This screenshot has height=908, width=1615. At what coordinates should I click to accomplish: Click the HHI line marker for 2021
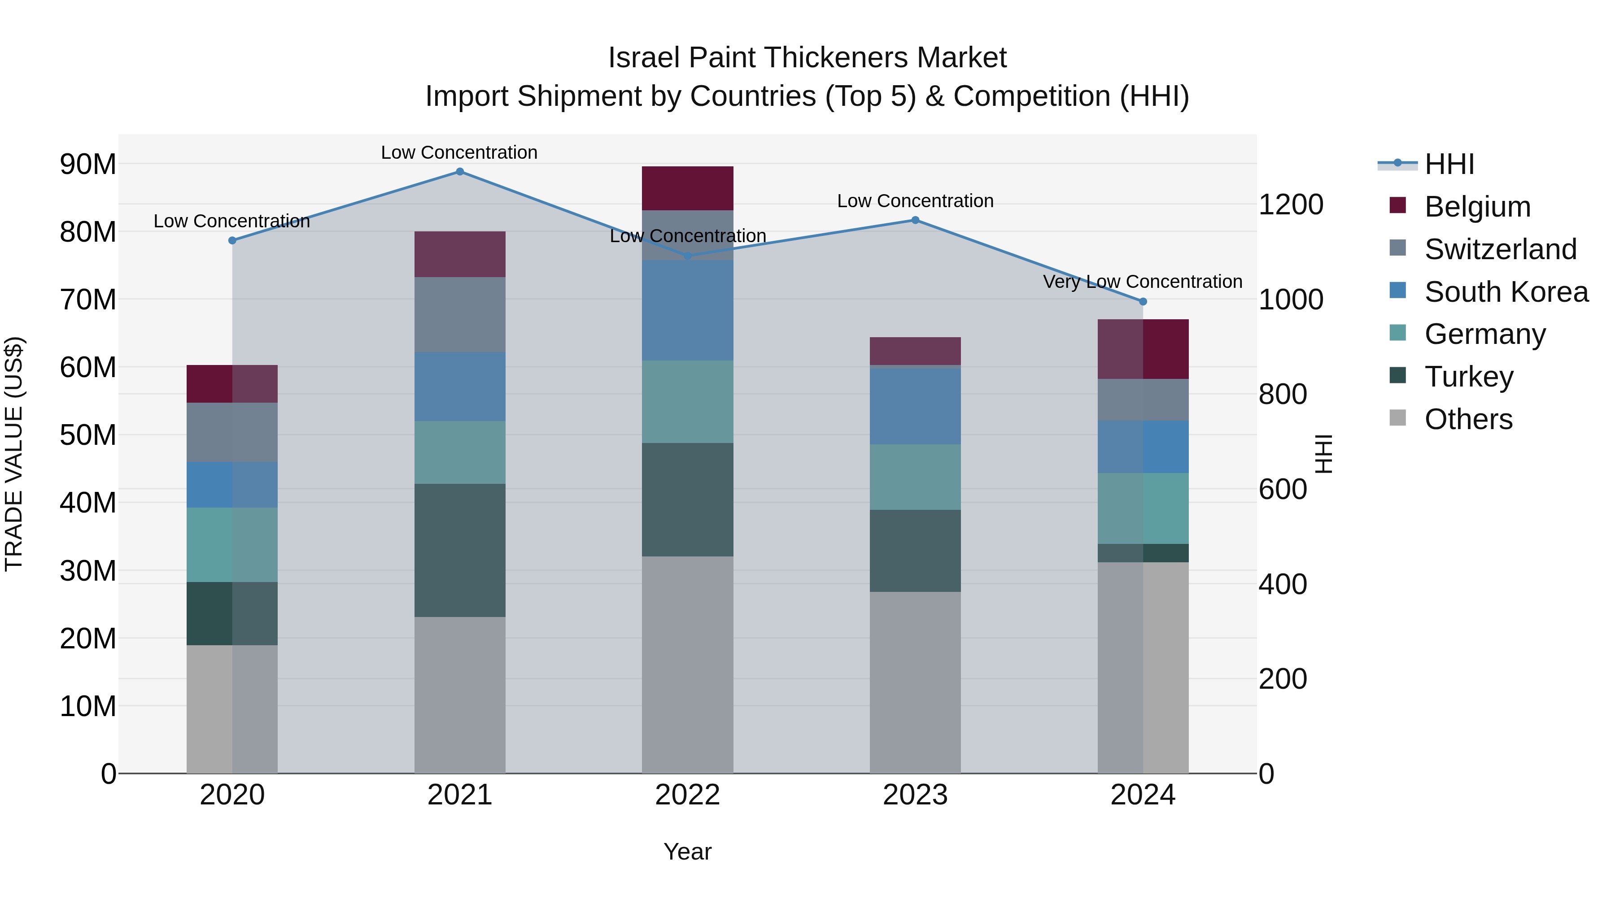pyautogui.click(x=459, y=172)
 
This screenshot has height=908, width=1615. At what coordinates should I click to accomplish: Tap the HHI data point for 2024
pyautogui.click(x=1142, y=301)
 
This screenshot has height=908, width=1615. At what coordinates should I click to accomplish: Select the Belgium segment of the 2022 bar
pyautogui.click(x=687, y=188)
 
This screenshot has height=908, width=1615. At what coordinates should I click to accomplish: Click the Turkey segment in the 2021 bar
pyautogui.click(x=459, y=550)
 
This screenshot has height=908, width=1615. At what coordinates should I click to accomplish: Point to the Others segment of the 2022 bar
pyautogui.click(x=687, y=664)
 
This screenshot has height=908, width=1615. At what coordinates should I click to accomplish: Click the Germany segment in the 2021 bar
pyautogui.click(x=459, y=452)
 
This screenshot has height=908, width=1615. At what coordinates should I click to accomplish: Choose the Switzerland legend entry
pyautogui.click(x=1500, y=249)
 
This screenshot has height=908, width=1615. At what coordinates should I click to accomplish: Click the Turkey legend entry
pyautogui.click(x=1468, y=377)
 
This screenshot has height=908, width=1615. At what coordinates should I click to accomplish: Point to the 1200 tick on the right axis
pyautogui.click(x=1290, y=205)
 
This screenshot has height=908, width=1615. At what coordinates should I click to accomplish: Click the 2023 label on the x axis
pyautogui.click(x=915, y=795)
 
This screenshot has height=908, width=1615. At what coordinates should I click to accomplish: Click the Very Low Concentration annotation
pyautogui.click(x=1142, y=282)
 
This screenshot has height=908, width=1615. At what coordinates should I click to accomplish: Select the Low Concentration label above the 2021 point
pyautogui.click(x=459, y=153)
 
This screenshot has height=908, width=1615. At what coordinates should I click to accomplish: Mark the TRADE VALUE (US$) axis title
pyautogui.click(x=14, y=454)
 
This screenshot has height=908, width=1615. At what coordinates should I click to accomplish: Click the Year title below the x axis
pyautogui.click(x=687, y=852)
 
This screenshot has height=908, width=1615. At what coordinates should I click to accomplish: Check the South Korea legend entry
pyautogui.click(x=1506, y=292)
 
